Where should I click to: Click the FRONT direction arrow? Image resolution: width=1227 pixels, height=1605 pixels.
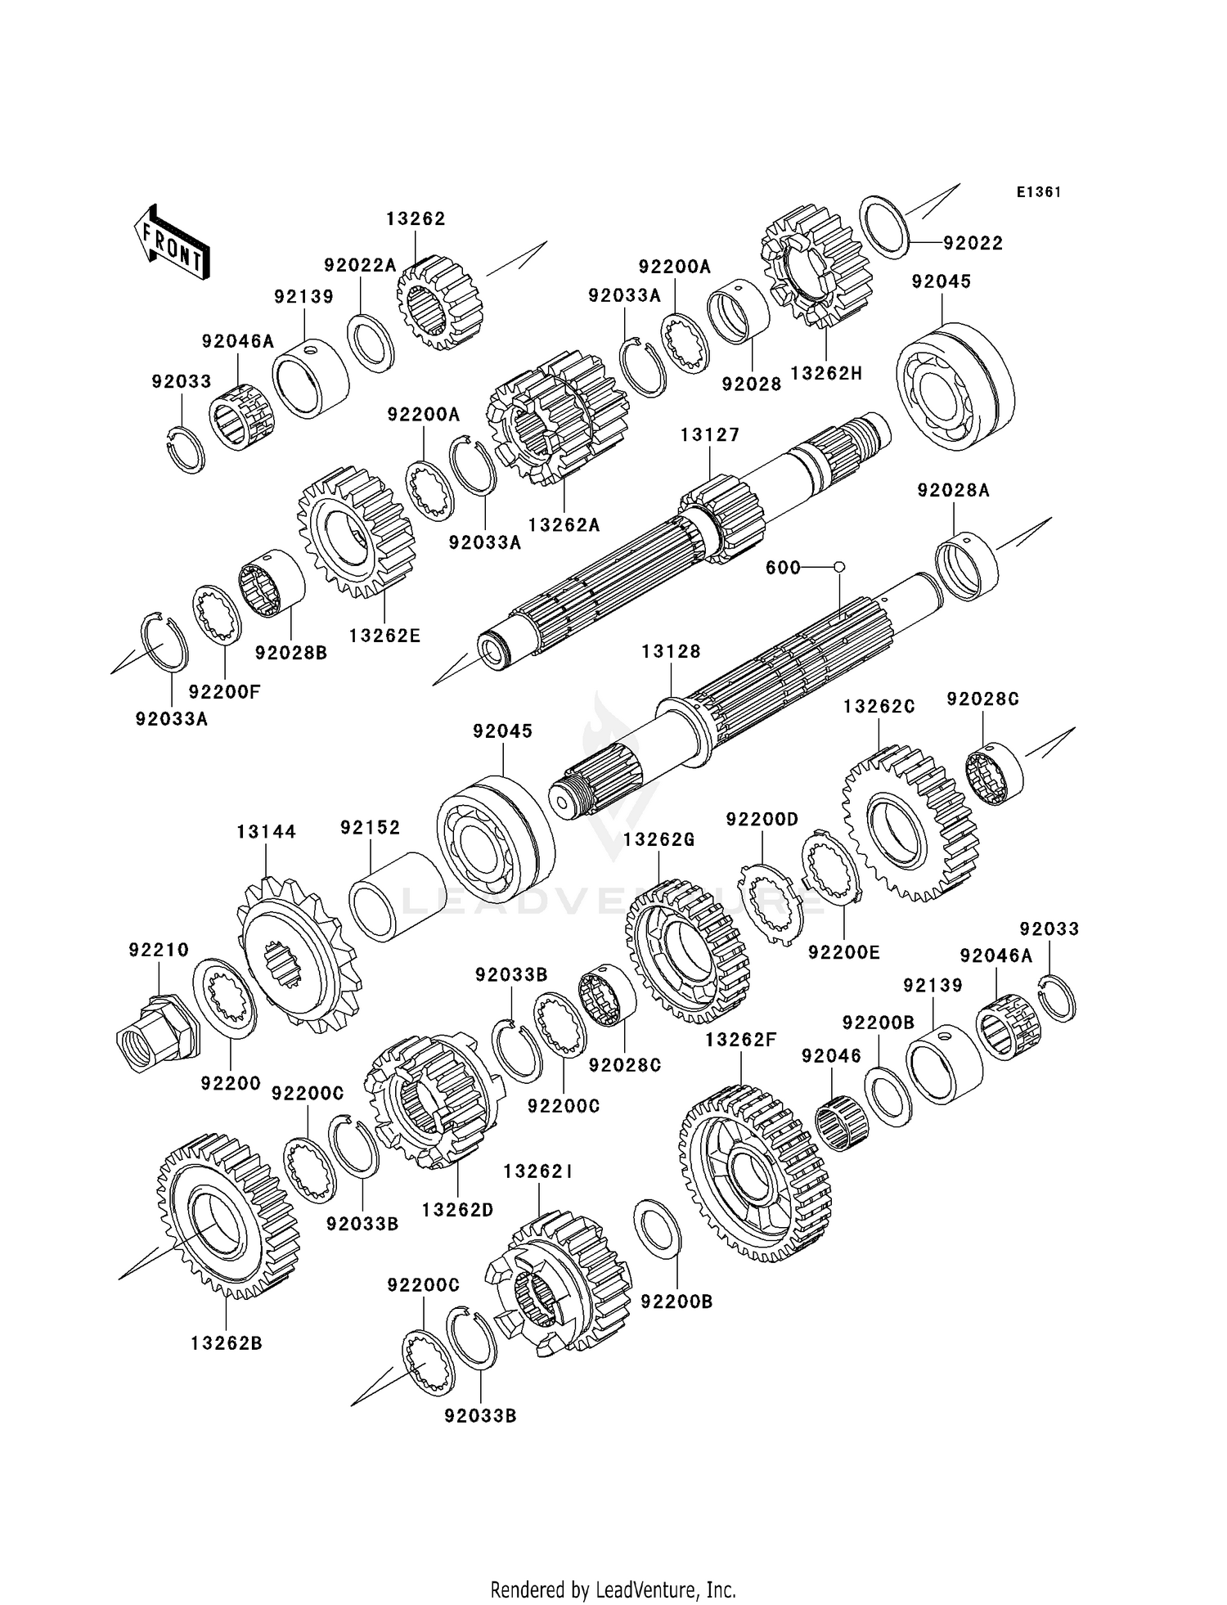(172, 243)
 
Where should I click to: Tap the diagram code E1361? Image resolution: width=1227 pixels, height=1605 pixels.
(1038, 192)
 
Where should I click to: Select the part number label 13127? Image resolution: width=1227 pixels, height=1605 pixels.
(709, 435)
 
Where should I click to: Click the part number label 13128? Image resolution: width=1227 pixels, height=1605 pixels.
(671, 652)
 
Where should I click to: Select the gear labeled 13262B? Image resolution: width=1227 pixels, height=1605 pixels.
(227, 1216)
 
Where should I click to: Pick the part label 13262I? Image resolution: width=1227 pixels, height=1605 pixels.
(537, 1172)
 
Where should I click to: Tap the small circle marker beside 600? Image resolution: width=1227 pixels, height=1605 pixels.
(838, 567)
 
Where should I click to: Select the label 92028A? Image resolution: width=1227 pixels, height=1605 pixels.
(953, 490)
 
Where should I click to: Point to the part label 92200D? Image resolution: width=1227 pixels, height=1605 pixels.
(762, 820)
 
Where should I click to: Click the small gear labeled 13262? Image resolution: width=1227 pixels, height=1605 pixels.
(439, 302)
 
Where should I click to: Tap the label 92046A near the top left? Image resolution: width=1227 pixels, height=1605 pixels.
(238, 341)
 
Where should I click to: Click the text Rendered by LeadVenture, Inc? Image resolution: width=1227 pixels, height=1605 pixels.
(613, 1589)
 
